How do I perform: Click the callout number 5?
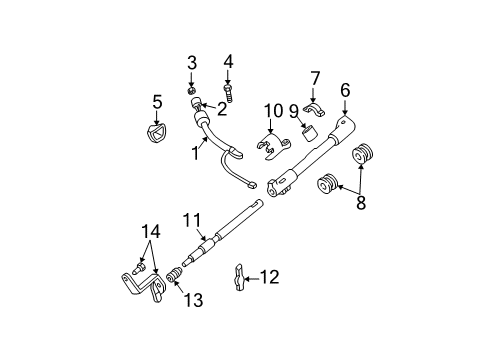pyautogui.click(x=157, y=102)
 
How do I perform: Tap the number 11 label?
pyautogui.click(x=192, y=221)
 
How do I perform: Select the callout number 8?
pyautogui.click(x=361, y=202)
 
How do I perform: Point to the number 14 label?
pyautogui.click(x=151, y=231)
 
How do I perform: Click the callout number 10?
pyautogui.click(x=273, y=111)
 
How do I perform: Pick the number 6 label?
pyautogui.click(x=345, y=90)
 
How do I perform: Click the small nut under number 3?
pyautogui.click(x=191, y=90)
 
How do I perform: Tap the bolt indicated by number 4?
pyautogui.click(x=229, y=93)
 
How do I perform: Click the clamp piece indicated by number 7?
pyautogui.click(x=314, y=110)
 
